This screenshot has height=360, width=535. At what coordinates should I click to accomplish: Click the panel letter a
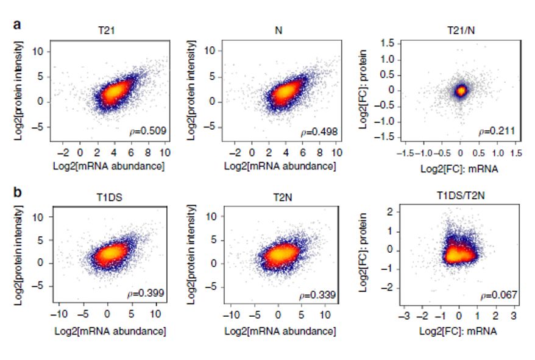click(17, 24)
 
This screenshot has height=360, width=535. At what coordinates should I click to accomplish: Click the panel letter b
click(18, 192)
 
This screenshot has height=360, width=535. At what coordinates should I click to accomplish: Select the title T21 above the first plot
click(107, 30)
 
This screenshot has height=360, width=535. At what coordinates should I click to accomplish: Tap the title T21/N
click(461, 30)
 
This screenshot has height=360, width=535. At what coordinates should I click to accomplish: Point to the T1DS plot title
click(110, 197)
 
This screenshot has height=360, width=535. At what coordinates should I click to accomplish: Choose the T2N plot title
click(283, 197)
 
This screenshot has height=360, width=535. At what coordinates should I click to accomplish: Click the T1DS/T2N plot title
click(461, 196)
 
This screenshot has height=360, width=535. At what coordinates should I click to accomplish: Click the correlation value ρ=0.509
click(147, 131)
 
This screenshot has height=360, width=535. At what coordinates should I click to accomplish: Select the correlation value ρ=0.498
click(319, 132)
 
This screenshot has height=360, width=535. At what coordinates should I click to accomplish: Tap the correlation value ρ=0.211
click(497, 131)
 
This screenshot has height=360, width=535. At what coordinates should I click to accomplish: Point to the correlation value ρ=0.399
click(146, 293)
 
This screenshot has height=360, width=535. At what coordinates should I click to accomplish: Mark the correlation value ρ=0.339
click(317, 295)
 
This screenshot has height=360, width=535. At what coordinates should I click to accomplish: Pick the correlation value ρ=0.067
click(499, 295)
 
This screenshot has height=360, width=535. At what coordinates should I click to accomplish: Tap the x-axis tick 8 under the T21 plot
click(147, 152)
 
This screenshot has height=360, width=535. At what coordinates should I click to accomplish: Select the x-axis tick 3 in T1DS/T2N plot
click(514, 316)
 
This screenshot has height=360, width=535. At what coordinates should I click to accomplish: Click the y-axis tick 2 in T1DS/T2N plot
click(390, 212)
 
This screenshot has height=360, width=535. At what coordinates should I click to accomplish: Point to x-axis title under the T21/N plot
click(459, 169)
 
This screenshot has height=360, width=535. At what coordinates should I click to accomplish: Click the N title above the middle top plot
click(278, 30)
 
